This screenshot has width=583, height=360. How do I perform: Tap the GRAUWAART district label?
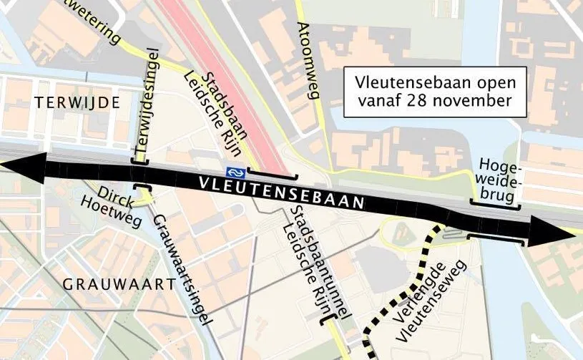[119, 284]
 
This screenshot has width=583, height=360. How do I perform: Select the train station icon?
[233, 172]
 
